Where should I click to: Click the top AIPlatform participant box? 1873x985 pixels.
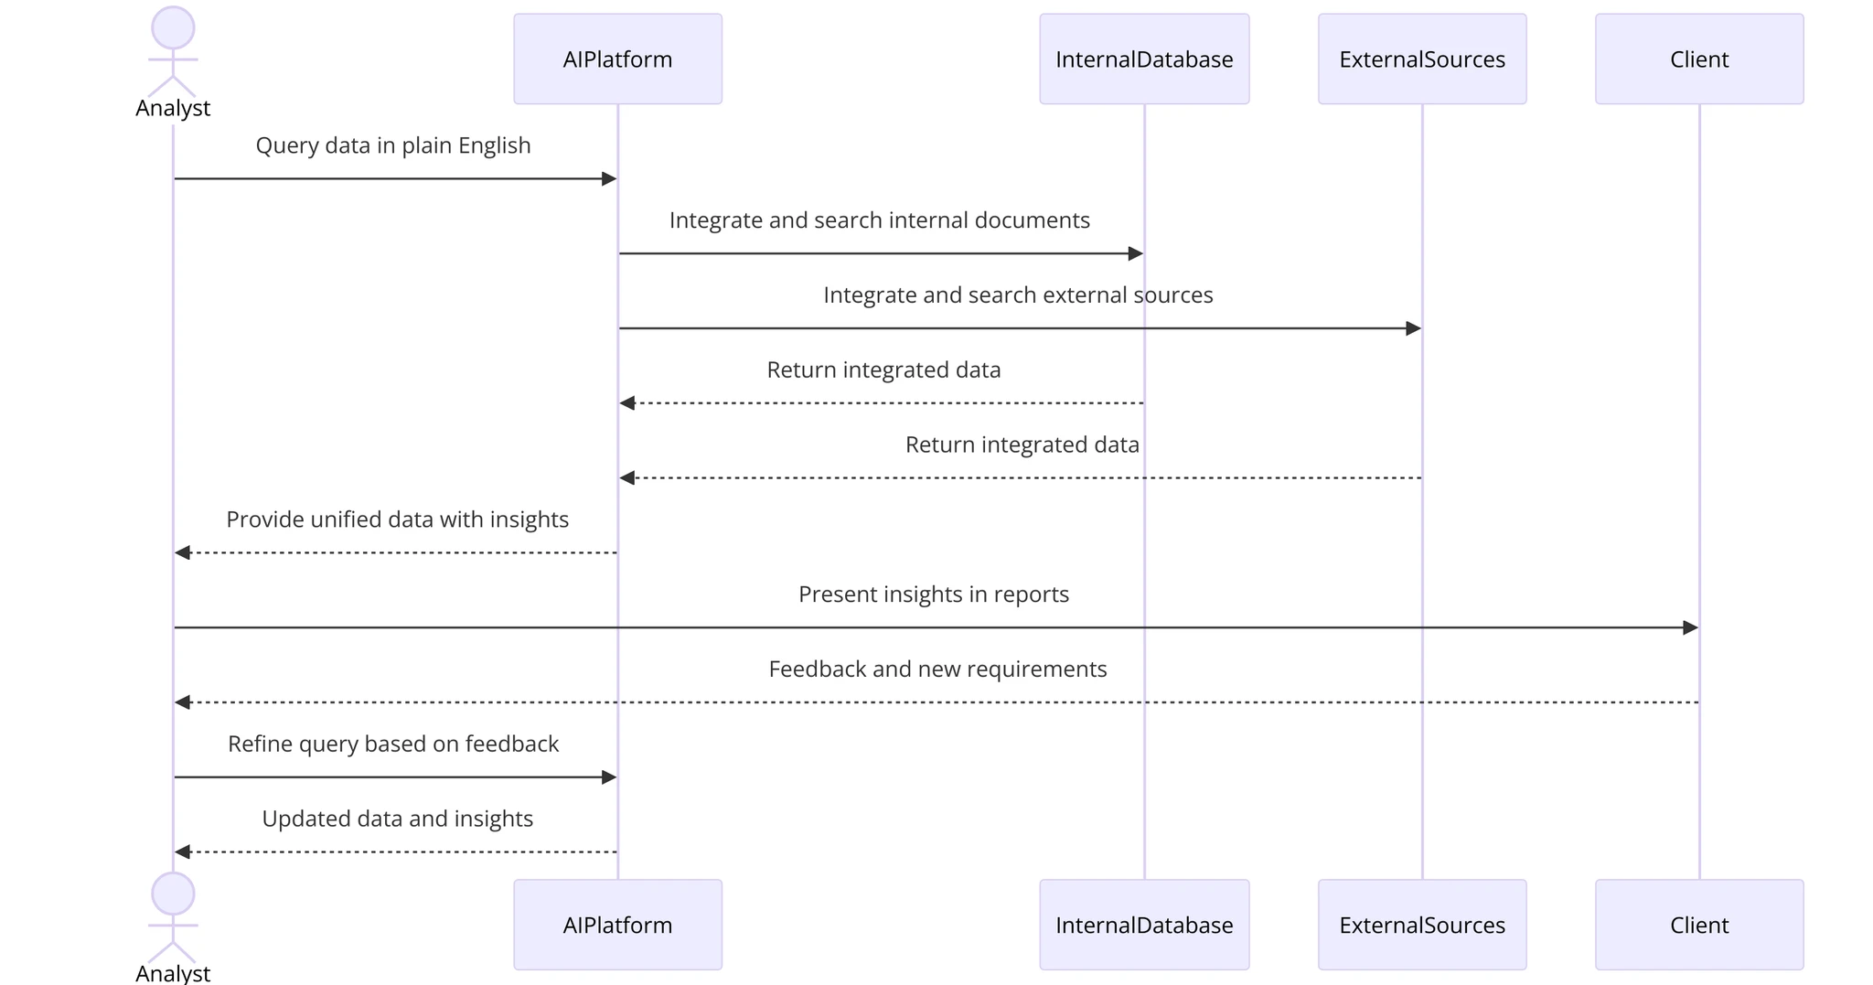pos(617,59)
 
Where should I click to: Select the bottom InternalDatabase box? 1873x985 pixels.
pos(1143,925)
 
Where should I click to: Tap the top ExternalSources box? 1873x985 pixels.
pos(1421,59)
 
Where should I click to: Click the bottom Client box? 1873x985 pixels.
pos(1698,925)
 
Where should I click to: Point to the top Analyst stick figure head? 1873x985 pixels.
pos(173,27)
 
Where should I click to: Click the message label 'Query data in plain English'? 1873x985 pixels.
pos(392,145)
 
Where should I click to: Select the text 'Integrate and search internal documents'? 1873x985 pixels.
pos(879,220)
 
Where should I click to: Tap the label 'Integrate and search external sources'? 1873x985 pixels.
pos(1017,295)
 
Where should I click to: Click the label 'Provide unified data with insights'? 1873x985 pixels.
pos(397,519)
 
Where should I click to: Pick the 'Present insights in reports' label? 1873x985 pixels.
pos(933,594)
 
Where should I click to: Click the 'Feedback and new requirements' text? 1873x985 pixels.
pos(937,669)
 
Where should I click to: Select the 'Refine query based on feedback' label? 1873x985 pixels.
pos(392,744)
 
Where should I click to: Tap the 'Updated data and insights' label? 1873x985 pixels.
pos(397,819)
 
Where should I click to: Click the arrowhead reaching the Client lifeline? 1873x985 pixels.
pos(1690,627)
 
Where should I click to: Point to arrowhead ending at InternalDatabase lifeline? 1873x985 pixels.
pos(1135,253)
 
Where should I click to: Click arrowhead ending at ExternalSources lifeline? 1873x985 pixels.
pos(1413,328)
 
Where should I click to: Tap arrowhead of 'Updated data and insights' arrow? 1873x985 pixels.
pos(183,851)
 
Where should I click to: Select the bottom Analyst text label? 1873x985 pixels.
pos(173,973)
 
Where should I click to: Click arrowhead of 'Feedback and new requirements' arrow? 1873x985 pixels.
pos(183,702)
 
